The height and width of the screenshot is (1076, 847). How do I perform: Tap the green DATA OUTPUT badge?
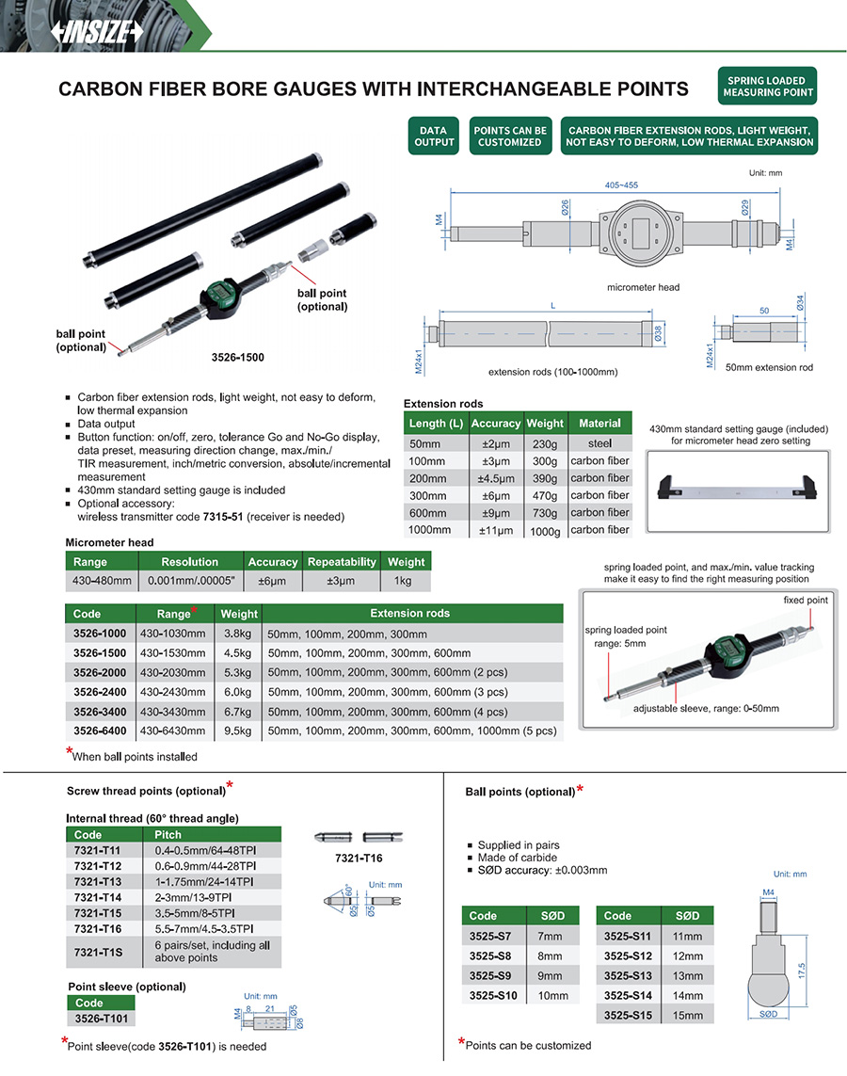pyautogui.click(x=433, y=137)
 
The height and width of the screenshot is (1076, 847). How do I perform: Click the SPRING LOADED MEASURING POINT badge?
pyautogui.click(x=766, y=87)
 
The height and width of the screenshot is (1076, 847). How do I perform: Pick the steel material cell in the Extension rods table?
pyautogui.click(x=599, y=443)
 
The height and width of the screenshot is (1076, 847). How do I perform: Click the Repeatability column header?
pyautogui.click(x=341, y=562)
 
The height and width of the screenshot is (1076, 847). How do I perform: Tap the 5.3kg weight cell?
pyautogui.click(x=238, y=672)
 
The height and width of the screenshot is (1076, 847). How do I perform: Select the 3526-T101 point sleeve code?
pyautogui.click(x=101, y=1019)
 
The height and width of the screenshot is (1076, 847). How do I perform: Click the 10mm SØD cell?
pyautogui.click(x=552, y=996)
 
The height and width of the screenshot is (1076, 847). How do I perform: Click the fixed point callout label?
pyautogui.click(x=806, y=600)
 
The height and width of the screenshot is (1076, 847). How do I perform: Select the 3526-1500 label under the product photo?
pyautogui.click(x=237, y=359)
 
